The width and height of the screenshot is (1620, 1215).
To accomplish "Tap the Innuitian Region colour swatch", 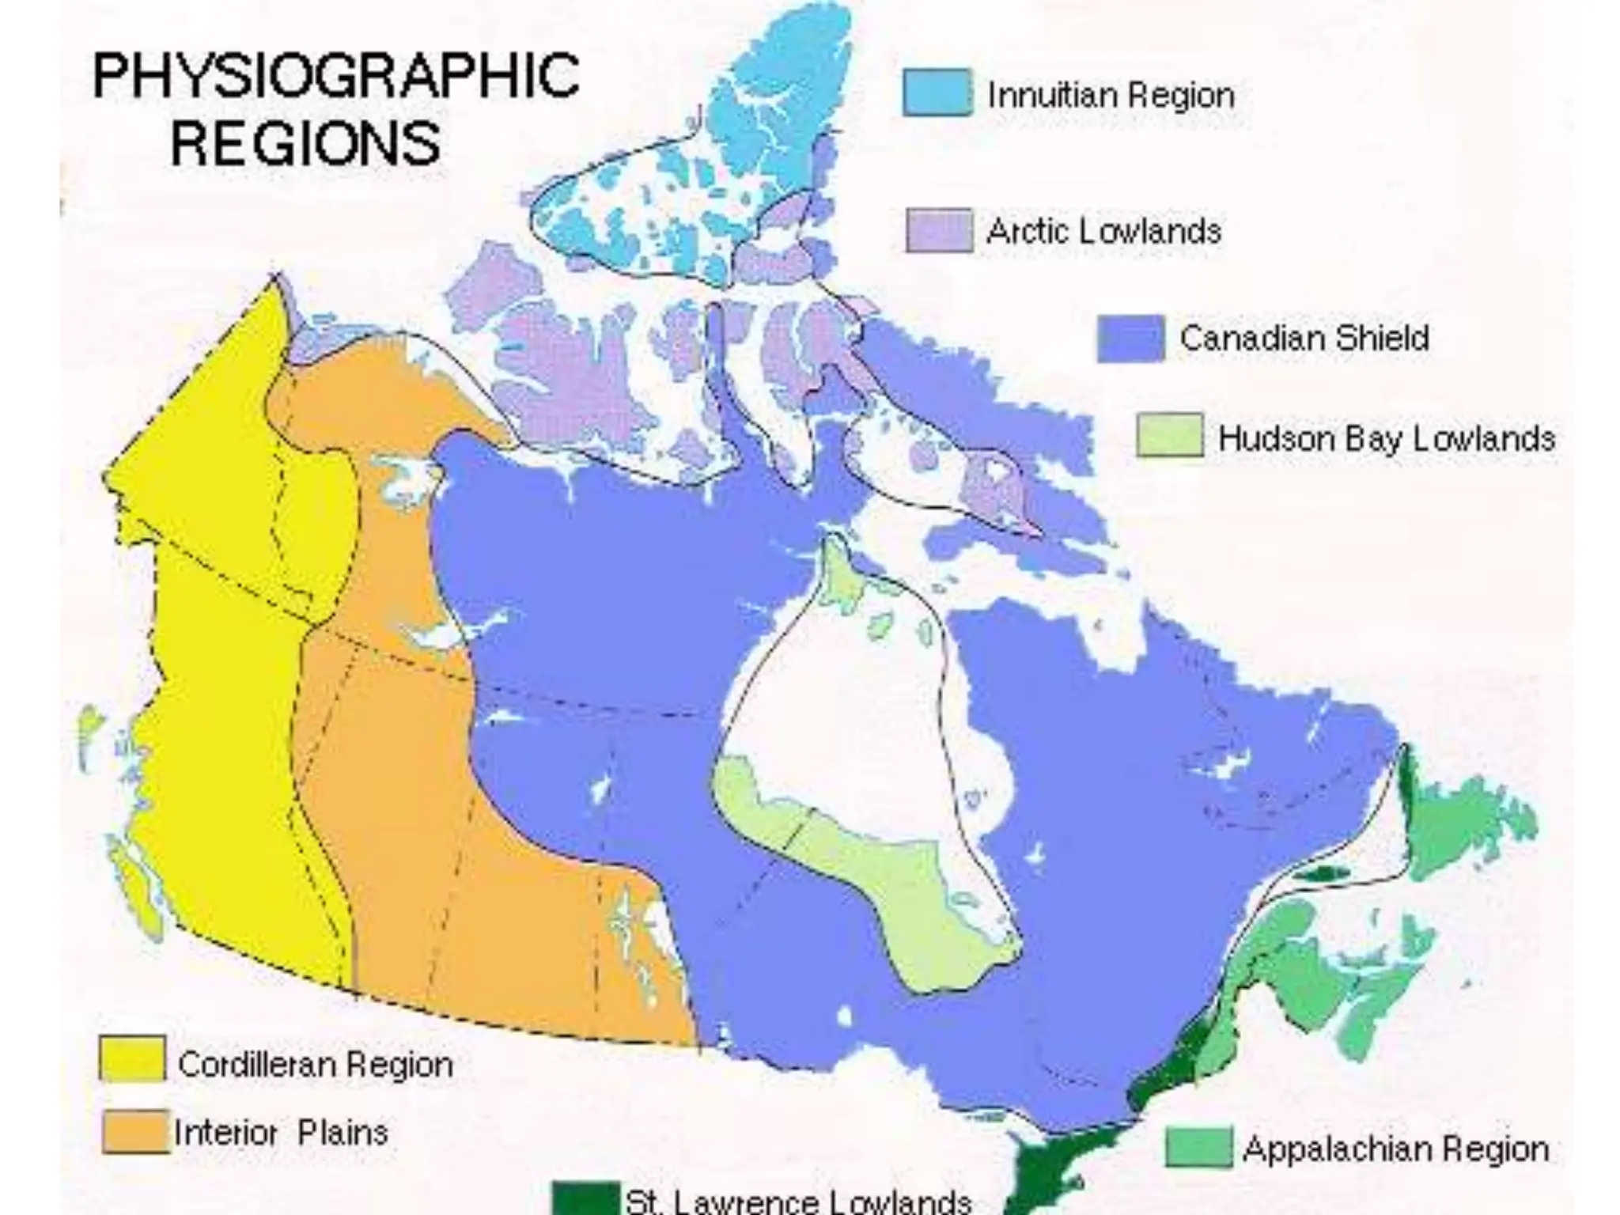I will (x=937, y=93).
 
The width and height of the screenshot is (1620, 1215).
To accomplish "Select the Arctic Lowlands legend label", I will (x=1103, y=232).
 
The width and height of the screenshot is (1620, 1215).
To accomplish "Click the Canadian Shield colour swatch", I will (x=1130, y=338).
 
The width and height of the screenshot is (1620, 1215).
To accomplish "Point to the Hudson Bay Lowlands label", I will (x=1386, y=438).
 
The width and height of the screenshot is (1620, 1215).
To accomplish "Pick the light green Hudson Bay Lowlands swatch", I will (x=1169, y=436).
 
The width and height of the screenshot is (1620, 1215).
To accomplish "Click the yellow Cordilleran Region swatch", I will (x=132, y=1058).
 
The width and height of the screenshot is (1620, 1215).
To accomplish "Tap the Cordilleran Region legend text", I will (x=315, y=1065).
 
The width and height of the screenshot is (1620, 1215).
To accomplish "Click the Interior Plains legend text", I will (x=281, y=1133).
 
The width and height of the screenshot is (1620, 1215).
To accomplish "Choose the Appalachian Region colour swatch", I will (x=1198, y=1148).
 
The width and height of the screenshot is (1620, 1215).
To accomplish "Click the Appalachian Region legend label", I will (x=1395, y=1149).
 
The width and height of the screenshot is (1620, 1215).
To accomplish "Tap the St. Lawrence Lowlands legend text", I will (x=797, y=1201).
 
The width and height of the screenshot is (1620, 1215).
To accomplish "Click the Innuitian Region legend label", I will (x=1111, y=96).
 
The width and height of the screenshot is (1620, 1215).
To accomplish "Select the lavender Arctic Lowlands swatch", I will (x=939, y=230).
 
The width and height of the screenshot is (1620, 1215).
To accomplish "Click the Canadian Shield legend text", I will (x=1304, y=339).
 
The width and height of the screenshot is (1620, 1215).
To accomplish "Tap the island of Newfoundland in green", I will (x=1463, y=823).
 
